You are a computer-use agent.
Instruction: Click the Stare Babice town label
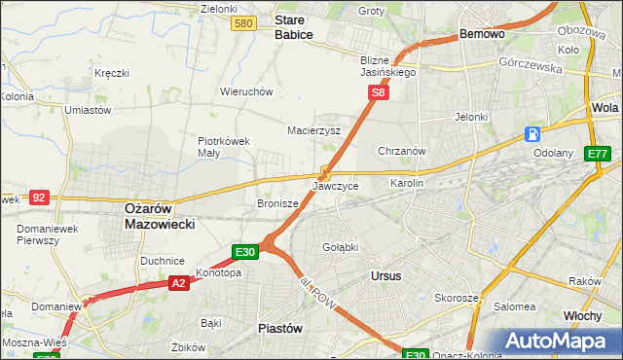pos(293,26)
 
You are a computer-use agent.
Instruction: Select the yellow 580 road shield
pos(244,23)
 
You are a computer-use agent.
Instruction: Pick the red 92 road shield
pos(39,197)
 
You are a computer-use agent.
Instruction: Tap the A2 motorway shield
pos(178,282)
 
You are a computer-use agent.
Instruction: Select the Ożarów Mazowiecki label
pos(160,215)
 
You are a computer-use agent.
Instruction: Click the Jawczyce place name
pos(336,185)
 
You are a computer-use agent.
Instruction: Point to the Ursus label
pos(386,275)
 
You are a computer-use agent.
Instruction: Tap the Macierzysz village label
pos(313,129)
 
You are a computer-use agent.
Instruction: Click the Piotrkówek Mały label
pos(224,146)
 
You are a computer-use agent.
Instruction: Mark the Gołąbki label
pos(340,246)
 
